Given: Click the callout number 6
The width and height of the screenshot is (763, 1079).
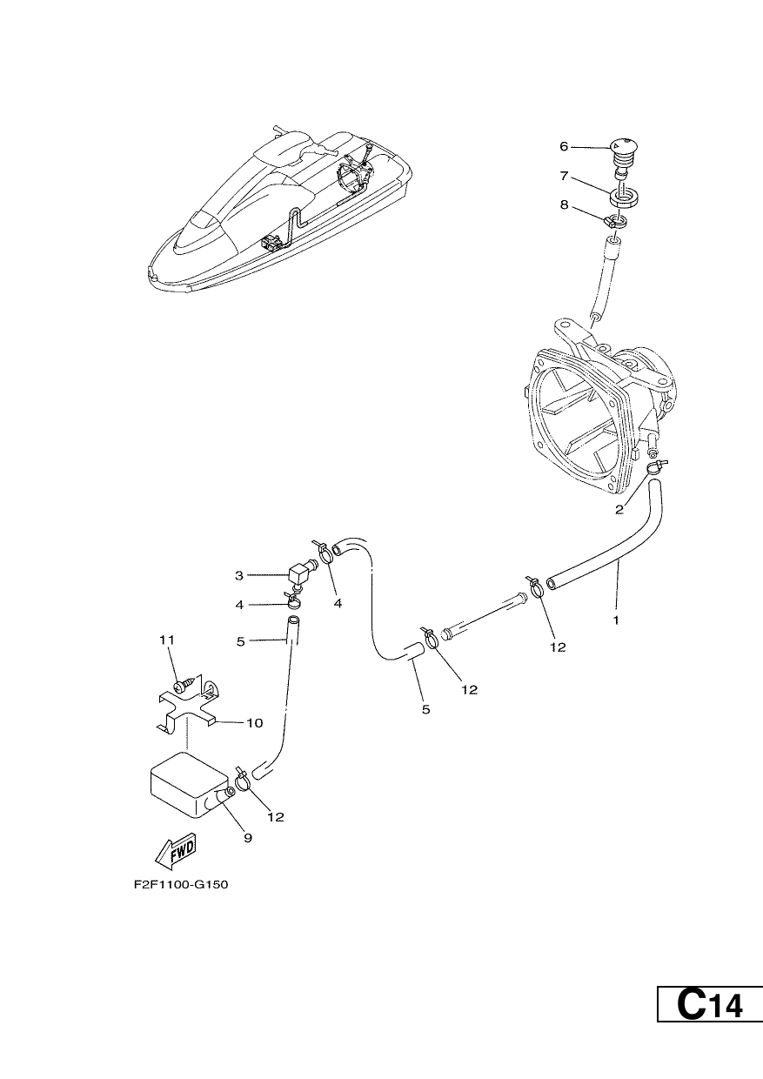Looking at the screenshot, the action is point(564,146).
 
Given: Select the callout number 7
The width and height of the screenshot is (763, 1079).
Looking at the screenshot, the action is point(564,176).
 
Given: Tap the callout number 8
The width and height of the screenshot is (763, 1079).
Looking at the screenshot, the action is point(564,204).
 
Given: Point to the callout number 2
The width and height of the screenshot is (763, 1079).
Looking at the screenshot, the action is point(619,510).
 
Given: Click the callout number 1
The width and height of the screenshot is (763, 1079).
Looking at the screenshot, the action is point(616,620).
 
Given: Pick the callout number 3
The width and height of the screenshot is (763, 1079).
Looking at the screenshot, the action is point(239,575).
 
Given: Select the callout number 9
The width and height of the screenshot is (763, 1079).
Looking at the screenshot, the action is point(248,838).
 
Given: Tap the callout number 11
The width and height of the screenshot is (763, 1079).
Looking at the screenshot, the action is point(167,640).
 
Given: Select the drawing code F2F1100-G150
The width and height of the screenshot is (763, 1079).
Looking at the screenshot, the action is point(181,885).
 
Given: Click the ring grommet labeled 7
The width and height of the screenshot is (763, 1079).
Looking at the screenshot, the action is point(623,197).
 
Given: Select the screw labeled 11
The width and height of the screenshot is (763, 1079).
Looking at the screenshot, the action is point(185,685).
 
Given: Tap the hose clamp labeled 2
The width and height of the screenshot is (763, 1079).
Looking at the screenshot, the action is point(656,466).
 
